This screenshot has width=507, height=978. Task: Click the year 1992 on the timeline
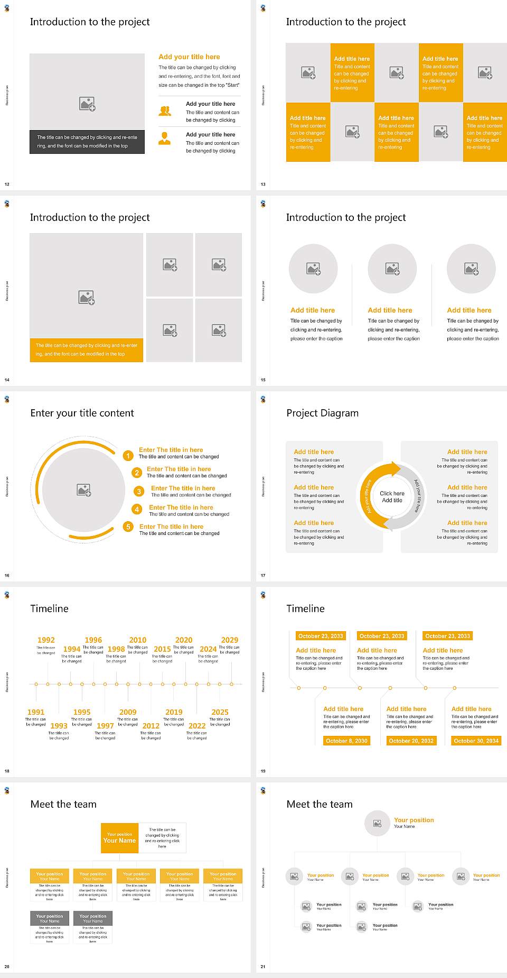click(46, 640)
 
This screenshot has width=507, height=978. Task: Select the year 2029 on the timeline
click(230, 640)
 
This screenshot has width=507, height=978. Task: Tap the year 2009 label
click(128, 712)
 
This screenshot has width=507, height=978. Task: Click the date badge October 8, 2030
click(346, 741)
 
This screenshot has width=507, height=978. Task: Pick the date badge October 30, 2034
click(476, 741)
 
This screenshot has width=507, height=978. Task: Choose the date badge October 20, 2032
click(411, 741)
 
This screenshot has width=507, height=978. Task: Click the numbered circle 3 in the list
click(139, 492)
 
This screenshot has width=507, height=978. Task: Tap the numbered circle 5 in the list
click(128, 527)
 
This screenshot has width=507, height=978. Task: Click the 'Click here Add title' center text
click(392, 497)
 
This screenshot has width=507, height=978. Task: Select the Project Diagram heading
click(322, 413)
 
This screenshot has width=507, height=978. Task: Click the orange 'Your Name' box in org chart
click(120, 838)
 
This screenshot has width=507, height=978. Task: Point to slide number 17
click(263, 575)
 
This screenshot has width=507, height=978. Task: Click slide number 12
click(7, 184)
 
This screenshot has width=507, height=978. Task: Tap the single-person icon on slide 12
click(165, 139)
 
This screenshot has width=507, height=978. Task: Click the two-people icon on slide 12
click(165, 111)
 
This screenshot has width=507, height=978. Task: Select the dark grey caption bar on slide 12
click(87, 142)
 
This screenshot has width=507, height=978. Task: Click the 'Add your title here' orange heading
click(189, 57)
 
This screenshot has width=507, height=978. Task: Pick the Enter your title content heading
click(82, 413)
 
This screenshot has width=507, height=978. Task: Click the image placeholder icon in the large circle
click(84, 490)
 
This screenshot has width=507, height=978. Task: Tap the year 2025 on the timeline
click(220, 712)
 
